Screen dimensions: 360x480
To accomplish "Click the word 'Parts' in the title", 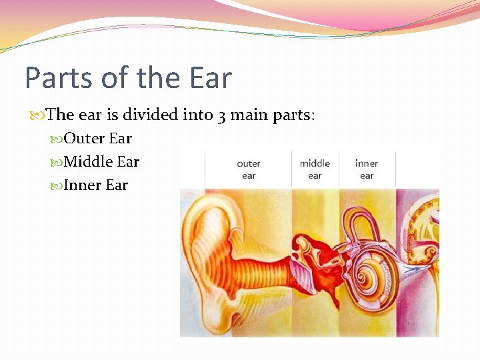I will point(57,78).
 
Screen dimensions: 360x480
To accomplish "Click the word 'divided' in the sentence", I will point(145,115).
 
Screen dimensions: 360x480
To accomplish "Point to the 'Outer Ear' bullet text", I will point(97,139).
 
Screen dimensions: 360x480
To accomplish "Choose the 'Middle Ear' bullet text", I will point(101,161).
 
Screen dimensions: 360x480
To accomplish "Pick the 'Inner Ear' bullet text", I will point(95,185).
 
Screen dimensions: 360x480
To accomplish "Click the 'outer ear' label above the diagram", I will point(249,169).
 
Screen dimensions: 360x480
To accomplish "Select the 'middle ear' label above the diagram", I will point(315,169).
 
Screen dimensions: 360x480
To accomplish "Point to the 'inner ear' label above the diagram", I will point(367,169).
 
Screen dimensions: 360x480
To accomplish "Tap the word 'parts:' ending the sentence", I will point(294,115).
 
